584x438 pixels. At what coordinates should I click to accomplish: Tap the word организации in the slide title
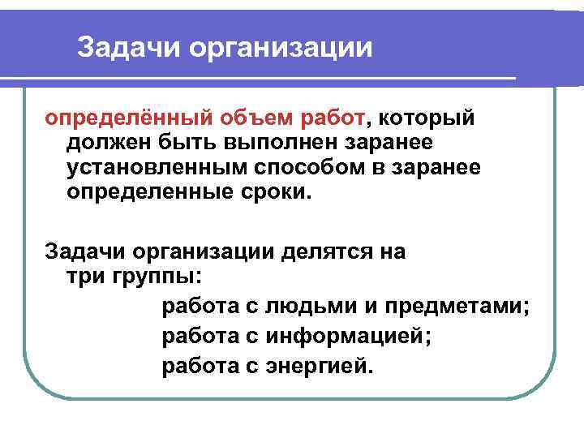pyautogui.click(x=281, y=48)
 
